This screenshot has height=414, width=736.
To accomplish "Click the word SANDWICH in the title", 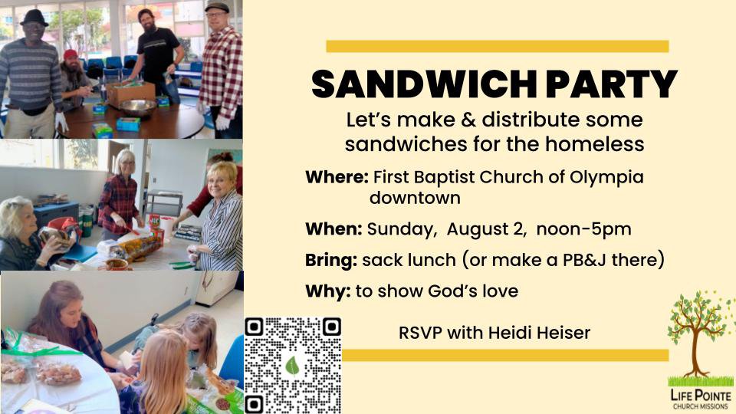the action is tap(423, 84).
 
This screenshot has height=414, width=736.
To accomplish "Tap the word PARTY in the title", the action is tap(612, 84).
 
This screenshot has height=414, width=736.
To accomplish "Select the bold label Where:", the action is tap(337, 177).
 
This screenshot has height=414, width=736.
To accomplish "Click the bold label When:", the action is tap(333, 229).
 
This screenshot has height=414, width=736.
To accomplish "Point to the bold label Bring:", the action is tap(331, 260).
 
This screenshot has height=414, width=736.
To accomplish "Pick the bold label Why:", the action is tap(327, 291).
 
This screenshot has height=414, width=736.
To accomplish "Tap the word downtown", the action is tap(415, 198).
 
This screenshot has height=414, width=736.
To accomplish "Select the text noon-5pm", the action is tap(584, 229).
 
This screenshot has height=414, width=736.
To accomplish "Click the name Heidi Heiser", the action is tap(539, 333).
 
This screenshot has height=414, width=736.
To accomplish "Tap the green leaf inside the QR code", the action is tap(292, 366).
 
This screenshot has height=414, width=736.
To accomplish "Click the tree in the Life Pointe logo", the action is tap(699, 334).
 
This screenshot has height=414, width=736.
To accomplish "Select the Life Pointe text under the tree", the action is tap(701, 396).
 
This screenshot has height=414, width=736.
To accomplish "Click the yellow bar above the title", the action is tap(498, 47).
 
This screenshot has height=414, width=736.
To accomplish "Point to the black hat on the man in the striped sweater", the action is tap(34, 18).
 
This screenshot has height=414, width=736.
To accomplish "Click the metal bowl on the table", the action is tap(137, 108).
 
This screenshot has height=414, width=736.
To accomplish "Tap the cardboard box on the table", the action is tap(131, 94).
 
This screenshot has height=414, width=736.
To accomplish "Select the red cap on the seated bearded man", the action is tap(71, 54).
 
